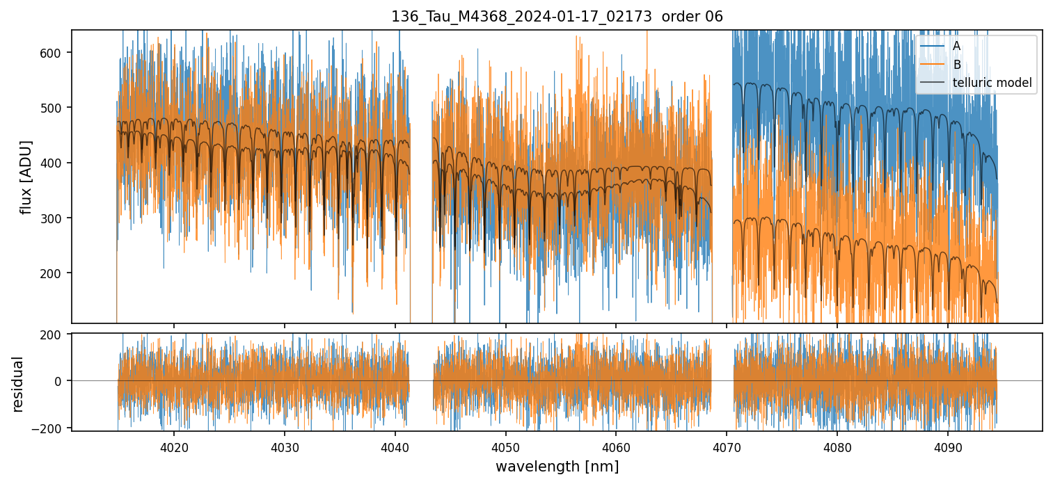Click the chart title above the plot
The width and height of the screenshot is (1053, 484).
557,17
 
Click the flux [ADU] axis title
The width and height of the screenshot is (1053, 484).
26,177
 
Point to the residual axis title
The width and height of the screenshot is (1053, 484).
18,384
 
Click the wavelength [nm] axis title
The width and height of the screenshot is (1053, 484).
557,466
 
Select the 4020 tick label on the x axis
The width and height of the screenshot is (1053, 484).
174,446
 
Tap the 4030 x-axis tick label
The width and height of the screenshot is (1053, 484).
285,446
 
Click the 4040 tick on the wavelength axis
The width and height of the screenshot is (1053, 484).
395,446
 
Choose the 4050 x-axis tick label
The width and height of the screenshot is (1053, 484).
505,446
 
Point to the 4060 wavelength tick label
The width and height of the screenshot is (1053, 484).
616,446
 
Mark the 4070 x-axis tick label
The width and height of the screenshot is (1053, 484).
727,446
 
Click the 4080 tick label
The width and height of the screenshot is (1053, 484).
837,446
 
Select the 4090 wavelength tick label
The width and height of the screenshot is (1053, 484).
948,446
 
